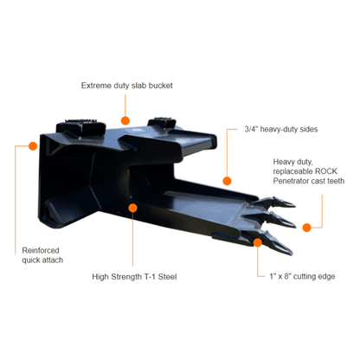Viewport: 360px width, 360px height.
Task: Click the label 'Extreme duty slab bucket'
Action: point(127,86)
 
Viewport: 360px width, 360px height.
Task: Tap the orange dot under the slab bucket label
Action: point(125,120)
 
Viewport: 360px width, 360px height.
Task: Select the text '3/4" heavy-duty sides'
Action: point(281,129)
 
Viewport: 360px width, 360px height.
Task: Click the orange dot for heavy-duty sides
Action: point(227,181)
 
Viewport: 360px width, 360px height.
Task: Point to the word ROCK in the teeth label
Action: point(325,171)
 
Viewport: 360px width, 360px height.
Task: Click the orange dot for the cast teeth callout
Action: point(307,228)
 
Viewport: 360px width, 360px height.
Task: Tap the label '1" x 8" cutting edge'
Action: point(302,276)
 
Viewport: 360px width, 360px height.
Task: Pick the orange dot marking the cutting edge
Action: point(258,242)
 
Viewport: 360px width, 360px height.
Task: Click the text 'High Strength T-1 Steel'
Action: point(134,277)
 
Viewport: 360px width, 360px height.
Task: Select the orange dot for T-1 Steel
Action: point(132,208)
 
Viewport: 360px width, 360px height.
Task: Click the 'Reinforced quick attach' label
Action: point(42,255)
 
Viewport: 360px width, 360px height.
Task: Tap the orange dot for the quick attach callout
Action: point(33,146)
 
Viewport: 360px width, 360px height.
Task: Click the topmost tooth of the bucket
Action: point(275,202)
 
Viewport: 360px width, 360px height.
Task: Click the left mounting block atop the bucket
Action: point(80,126)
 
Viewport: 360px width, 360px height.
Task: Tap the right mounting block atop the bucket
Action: point(162,123)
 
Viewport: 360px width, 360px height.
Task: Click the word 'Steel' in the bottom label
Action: point(167,277)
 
